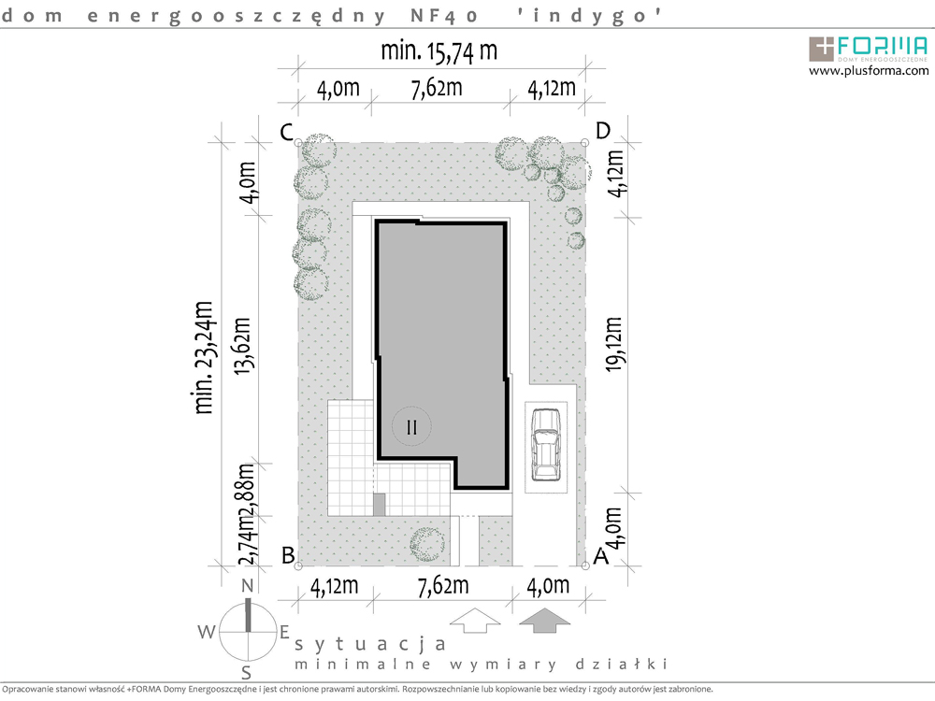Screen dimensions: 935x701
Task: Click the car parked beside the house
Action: (546, 445)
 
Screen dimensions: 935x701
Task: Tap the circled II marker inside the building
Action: (411, 427)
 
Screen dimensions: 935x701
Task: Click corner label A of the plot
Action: (601, 556)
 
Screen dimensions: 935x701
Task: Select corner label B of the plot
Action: (288, 555)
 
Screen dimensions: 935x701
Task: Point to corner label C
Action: (287, 132)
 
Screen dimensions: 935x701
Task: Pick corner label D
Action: (603, 130)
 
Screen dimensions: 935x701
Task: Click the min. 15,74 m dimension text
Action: (439, 51)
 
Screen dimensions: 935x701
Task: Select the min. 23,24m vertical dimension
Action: (204, 358)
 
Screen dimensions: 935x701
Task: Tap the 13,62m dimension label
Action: (242, 347)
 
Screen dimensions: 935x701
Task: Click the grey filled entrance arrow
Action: (544, 621)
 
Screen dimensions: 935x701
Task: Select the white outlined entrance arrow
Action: (475, 621)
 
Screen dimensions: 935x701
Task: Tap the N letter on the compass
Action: (248, 587)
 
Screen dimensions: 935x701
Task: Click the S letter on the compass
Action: (246, 673)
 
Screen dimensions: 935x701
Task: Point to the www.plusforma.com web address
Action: (869, 71)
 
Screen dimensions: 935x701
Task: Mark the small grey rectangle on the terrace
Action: (379, 505)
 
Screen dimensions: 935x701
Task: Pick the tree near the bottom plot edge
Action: (427, 544)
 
